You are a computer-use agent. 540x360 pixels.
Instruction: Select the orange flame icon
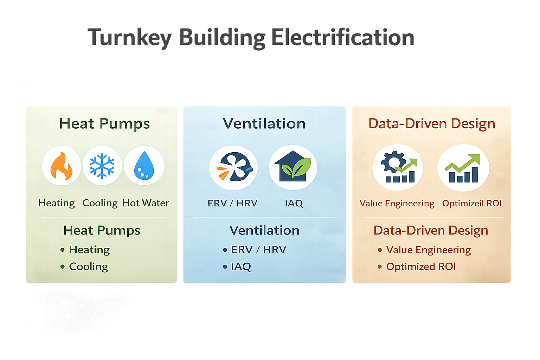click(x=62, y=166)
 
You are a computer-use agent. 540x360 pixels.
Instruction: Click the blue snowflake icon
click(x=102, y=166)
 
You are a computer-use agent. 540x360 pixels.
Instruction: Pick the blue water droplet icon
click(x=144, y=166)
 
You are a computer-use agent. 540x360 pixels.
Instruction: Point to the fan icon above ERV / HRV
click(x=233, y=167)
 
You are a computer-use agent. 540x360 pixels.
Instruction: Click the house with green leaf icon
click(x=293, y=167)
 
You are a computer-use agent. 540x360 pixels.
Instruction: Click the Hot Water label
click(x=146, y=203)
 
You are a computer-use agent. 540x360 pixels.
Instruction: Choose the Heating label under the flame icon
click(x=57, y=203)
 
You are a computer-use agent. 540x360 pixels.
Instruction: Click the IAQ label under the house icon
click(x=294, y=203)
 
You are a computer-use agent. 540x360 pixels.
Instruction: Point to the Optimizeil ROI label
click(x=472, y=204)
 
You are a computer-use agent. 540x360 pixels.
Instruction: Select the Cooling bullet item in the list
click(x=88, y=266)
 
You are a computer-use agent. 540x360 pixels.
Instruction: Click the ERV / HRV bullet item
click(x=258, y=250)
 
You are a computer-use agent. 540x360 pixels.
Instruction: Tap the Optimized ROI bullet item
click(x=421, y=266)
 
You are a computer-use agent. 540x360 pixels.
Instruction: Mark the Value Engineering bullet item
click(x=428, y=250)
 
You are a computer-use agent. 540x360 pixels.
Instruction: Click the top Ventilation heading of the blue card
click(x=264, y=124)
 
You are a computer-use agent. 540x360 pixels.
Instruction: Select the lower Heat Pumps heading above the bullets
click(x=102, y=230)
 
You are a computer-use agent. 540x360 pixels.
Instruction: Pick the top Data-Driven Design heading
click(x=432, y=124)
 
